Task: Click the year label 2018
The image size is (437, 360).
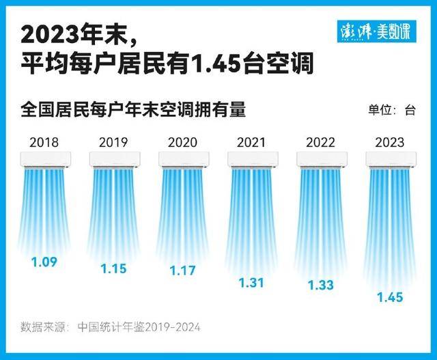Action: pyautogui.click(x=44, y=143)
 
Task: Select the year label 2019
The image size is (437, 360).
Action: pyautogui.click(x=113, y=143)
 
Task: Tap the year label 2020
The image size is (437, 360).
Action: pyautogui.click(x=182, y=143)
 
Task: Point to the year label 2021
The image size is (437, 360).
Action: pyautogui.click(x=251, y=143)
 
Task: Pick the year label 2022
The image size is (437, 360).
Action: pyautogui.click(x=320, y=143)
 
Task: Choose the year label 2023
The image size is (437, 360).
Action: pyautogui.click(x=390, y=143)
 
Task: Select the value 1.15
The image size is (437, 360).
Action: pyautogui.click(x=113, y=268)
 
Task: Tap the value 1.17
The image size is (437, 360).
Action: pyautogui.click(x=182, y=271)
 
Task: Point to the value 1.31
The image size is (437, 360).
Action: pyautogui.click(x=251, y=282)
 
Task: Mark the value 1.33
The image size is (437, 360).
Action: pyautogui.click(x=320, y=286)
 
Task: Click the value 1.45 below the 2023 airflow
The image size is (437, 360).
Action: pyautogui.click(x=390, y=297)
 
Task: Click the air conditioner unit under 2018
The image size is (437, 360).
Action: pyautogui.click(x=45, y=159)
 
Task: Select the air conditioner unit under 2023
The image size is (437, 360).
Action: pyautogui.click(x=391, y=159)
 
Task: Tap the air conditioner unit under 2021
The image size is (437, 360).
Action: pyautogui.click(x=253, y=159)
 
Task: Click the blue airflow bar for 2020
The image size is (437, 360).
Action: pyautogui.click(x=183, y=212)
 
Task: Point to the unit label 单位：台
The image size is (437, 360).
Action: pyautogui.click(x=392, y=111)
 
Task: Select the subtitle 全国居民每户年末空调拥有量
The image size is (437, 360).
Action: pyautogui.click(x=133, y=109)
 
